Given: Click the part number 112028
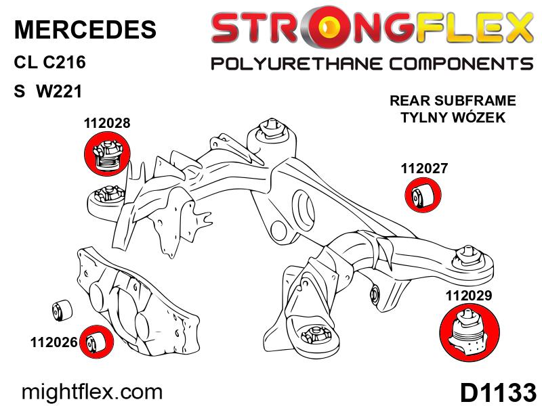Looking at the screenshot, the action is (107, 123).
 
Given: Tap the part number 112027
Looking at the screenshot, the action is (424, 168).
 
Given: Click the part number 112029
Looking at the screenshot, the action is (469, 296).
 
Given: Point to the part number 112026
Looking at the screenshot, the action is (54, 342).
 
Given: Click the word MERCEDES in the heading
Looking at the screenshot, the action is (85, 29).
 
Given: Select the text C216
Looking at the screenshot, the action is (64, 62).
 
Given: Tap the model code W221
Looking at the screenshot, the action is (59, 91).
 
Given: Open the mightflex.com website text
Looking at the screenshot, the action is (92, 392).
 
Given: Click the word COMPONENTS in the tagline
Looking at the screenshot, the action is (461, 64).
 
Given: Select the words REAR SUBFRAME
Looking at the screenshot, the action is (453, 101).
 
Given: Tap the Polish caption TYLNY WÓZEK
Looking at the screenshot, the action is (453, 117).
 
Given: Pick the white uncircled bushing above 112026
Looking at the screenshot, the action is (62, 309).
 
